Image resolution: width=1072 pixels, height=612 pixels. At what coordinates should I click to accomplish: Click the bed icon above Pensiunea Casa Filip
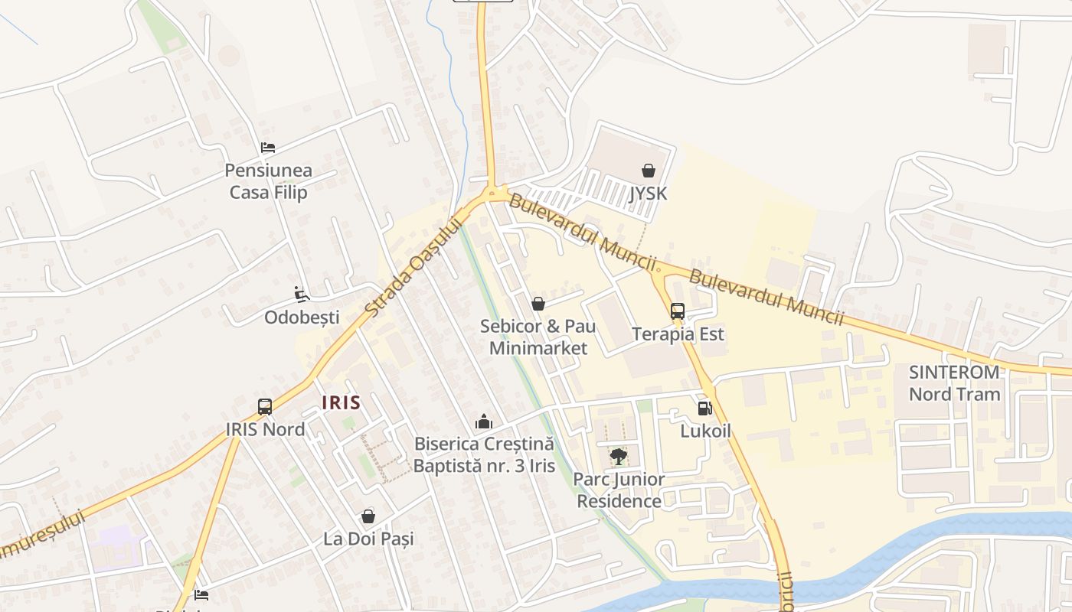pos(267,148)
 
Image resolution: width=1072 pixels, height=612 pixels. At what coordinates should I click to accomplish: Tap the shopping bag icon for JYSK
pos(649,171)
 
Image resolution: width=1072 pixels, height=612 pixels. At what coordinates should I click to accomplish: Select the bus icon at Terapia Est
pos(678,311)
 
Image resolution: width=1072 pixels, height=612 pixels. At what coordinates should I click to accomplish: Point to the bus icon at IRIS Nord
pos(265,407)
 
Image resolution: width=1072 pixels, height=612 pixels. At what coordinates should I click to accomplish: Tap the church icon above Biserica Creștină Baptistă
pos(483,422)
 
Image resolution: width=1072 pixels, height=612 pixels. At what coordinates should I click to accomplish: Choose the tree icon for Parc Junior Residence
pos(619,457)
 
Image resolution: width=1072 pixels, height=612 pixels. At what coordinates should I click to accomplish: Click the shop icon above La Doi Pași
pos(368,516)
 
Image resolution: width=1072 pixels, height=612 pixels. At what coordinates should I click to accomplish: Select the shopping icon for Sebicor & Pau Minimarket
pos(538,304)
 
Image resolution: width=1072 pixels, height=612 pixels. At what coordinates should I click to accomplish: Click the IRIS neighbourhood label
pos(341,402)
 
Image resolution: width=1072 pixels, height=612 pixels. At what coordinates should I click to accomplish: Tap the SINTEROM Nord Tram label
pos(954,383)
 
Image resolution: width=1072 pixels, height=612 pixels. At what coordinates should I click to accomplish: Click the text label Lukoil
pos(705,431)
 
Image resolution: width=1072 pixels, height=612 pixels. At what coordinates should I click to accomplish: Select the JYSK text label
pos(649,194)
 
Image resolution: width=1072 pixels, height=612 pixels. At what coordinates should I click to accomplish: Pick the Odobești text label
pos(301,317)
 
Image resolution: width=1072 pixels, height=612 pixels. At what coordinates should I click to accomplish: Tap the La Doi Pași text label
pos(368,539)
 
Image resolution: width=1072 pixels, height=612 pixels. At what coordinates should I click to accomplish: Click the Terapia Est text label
pos(678,334)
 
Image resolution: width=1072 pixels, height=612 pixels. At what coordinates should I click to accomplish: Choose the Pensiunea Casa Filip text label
pos(268,181)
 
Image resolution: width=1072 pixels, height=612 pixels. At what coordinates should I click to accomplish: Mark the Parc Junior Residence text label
pos(619,490)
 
